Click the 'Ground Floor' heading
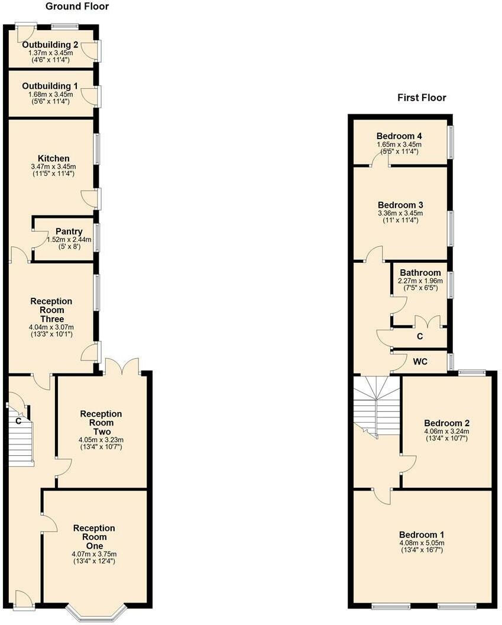coord(77,7)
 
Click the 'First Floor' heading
coord(422,98)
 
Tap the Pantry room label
coord(69,231)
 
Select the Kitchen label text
coord(54,159)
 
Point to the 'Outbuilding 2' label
coord(50,44)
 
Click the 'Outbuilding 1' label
coord(50,86)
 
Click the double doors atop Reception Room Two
coord(121,366)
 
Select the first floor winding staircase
coord(377,407)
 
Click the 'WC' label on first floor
coord(420,360)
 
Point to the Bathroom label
coord(420,273)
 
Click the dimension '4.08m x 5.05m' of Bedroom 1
coord(422,543)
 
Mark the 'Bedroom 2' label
coord(446,423)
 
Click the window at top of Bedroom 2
coord(472,372)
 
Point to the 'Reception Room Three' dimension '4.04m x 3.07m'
coord(52,327)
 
